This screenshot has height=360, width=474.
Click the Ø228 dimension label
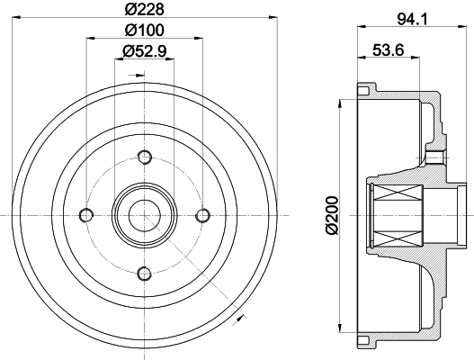(x=145, y=9)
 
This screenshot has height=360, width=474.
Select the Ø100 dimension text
(x=145, y=30)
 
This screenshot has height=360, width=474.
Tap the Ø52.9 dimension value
(x=145, y=50)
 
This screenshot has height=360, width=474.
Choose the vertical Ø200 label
(x=332, y=215)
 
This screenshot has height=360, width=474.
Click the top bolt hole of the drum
(x=145, y=157)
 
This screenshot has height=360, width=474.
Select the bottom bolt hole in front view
(x=145, y=274)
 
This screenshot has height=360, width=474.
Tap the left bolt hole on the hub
(x=86, y=215)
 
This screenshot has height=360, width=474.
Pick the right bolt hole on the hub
(x=203, y=215)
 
